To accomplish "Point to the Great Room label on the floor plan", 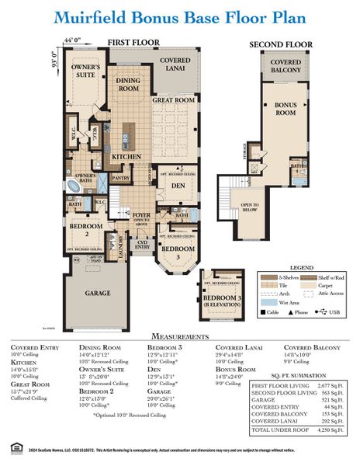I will pos(172,100).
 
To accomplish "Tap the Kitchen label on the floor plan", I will pos(126,157).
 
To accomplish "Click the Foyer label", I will pos(141,218).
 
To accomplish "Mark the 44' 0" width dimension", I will pos(73,39).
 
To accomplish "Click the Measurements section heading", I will pos(179,336).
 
